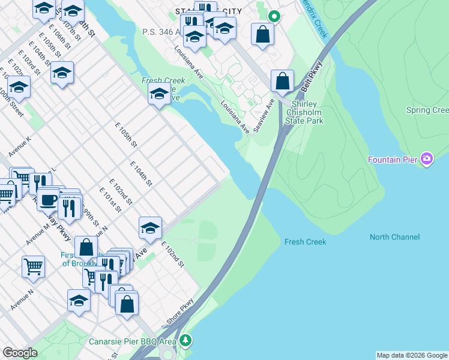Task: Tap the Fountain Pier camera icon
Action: (427, 159)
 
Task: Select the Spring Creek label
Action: (427, 110)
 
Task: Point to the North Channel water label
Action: (394, 237)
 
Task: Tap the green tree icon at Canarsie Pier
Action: (186, 341)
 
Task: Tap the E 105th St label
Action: (127, 136)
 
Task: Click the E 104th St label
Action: (142, 173)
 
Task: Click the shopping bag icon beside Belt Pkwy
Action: (282, 80)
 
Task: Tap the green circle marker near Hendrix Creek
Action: (274, 16)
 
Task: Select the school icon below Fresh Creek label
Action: (158, 94)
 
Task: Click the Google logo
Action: (20, 353)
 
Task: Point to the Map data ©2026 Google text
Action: (412, 355)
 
